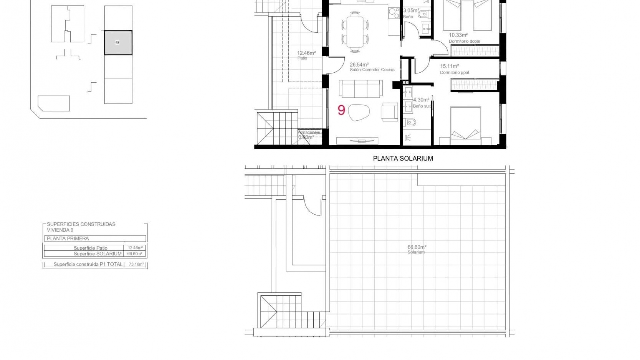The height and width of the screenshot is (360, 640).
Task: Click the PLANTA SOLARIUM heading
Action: pos(403,159)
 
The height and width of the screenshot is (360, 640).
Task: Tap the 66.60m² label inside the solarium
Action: pos(417,247)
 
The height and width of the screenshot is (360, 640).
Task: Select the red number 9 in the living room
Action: pos(341,110)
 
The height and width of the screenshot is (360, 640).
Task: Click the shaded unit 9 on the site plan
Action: pos(118,43)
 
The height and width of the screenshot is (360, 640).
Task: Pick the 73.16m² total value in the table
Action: pos(136,264)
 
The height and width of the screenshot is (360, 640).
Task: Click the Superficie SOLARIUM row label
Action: pos(97,254)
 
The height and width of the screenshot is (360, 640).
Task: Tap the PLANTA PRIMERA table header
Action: pos(68,238)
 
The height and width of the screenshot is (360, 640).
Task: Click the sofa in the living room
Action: pos(361,88)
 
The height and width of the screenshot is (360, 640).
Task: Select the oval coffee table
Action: pos(359,112)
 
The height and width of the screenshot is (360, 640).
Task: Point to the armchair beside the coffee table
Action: pos(389,112)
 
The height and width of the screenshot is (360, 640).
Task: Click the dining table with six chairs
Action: pos(355,32)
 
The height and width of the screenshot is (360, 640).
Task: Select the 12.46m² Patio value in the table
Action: pos(135,248)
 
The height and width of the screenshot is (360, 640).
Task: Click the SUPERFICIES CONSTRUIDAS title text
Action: pos(81,224)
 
